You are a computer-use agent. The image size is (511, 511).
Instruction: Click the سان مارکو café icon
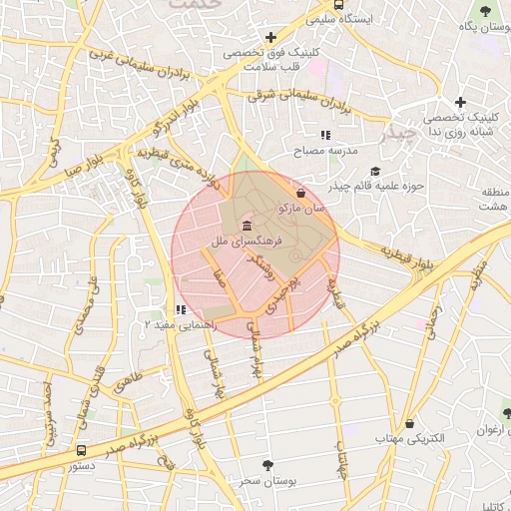tap(301, 193)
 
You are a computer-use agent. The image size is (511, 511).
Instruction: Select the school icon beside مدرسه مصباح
tap(324, 134)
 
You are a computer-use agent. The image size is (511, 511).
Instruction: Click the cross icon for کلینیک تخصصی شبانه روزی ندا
tap(459, 102)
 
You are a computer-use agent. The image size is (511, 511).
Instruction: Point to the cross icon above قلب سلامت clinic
tap(271, 36)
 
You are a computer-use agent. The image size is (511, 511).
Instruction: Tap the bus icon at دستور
tap(81, 450)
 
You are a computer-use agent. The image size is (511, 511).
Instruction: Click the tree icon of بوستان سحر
tap(266, 465)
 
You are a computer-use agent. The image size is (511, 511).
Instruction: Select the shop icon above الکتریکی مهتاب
tap(409, 423)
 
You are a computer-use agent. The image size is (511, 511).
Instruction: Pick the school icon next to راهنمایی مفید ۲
tap(180, 310)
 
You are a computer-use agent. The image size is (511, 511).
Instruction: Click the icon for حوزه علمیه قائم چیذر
tap(374, 171)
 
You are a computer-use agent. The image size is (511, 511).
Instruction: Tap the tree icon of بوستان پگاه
tap(484, 11)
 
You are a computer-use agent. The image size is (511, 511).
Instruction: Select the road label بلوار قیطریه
tap(410, 257)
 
